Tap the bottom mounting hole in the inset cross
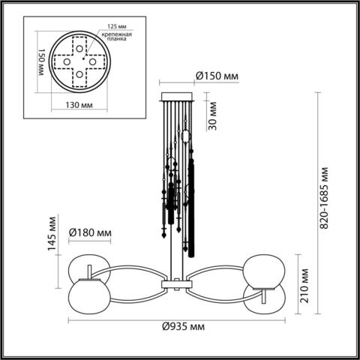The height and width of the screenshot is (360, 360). point(79,75)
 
